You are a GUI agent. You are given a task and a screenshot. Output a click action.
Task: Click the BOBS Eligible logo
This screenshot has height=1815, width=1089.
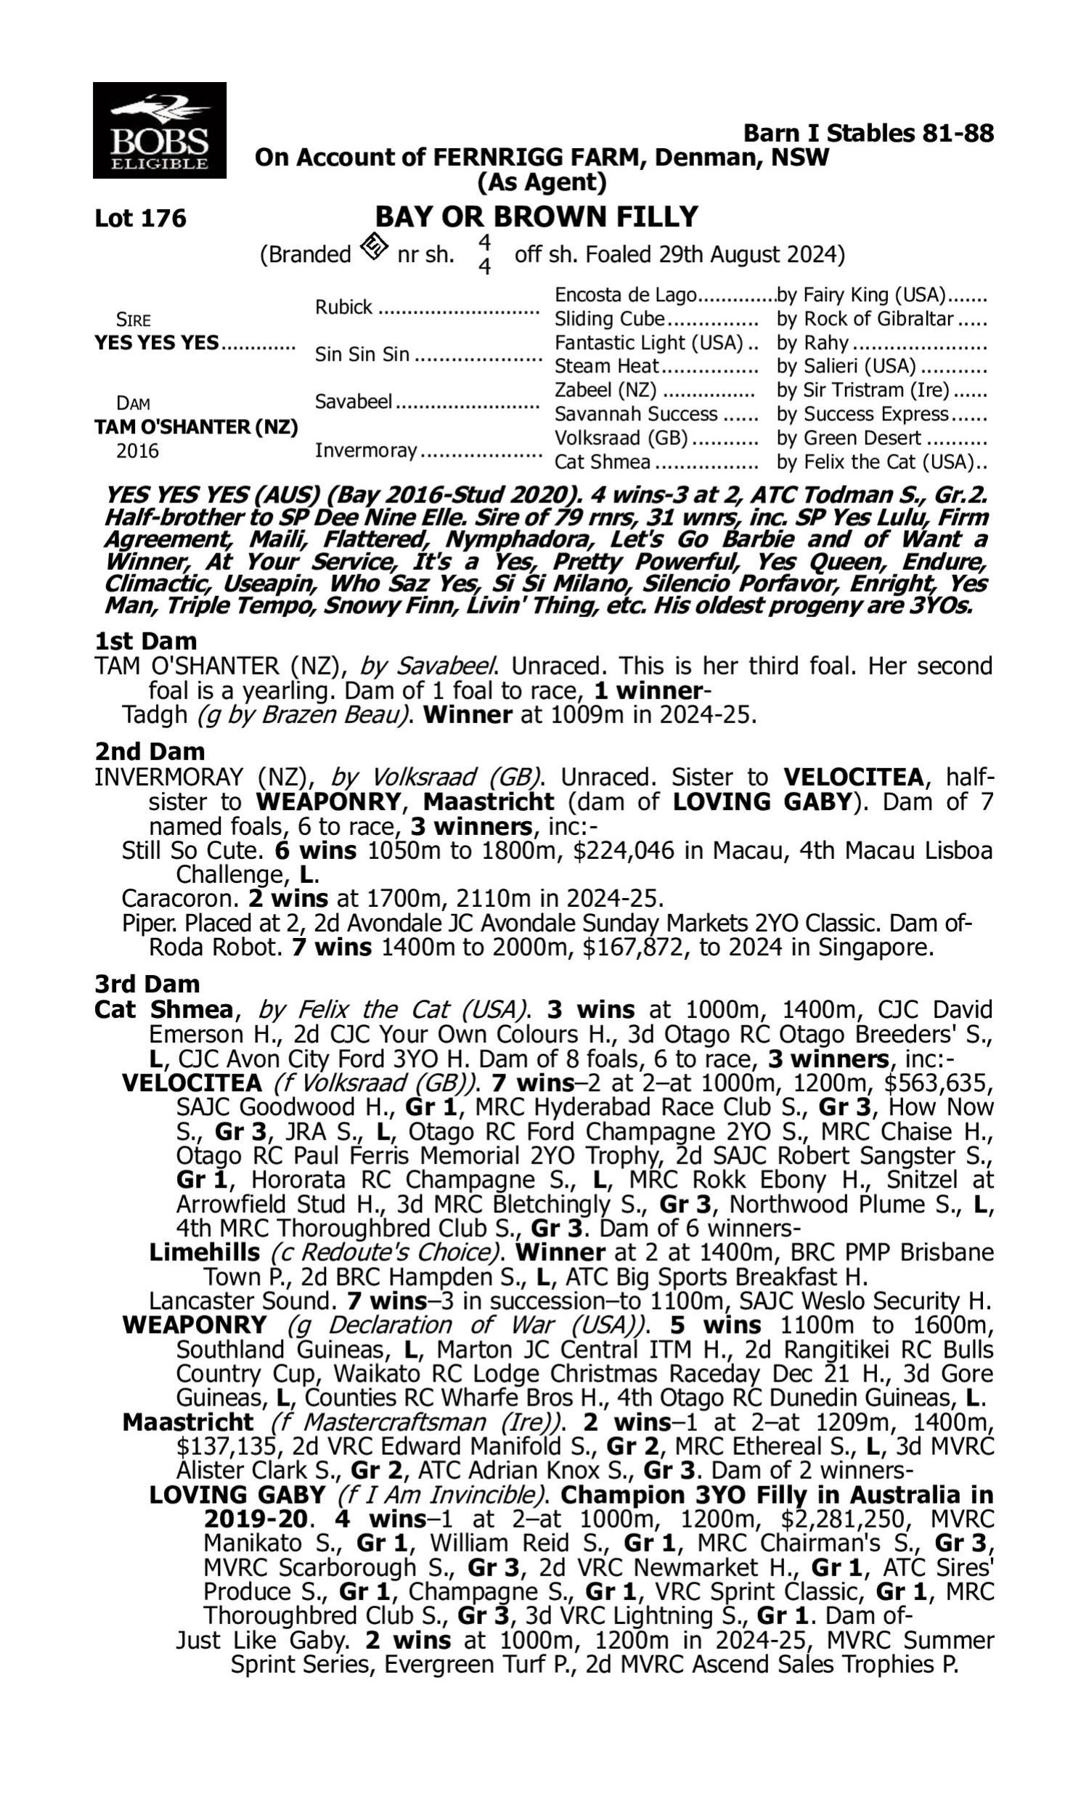pyautogui.click(x=159, y=131)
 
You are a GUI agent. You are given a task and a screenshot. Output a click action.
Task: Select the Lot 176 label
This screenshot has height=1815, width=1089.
pyautogui.click(x=140, y=219)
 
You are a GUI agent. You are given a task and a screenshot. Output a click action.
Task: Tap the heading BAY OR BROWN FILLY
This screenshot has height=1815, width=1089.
pyautogui.click(x=537, y=217)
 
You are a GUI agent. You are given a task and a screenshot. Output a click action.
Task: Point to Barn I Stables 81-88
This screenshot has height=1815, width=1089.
pyautogui.click(x=868, y=134)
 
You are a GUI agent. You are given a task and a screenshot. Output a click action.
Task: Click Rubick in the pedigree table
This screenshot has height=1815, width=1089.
pyautogui.click(x=343, y=307)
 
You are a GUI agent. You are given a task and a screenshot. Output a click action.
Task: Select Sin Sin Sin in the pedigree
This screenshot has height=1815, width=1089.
pyautogui.click(x=362, y=355)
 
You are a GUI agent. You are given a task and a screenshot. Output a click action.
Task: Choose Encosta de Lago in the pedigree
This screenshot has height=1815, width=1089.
pyautogui.click(x=624, y=295)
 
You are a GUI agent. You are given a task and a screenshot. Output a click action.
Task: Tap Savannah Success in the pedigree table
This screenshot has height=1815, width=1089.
pyautogui.click(x=635, y=415)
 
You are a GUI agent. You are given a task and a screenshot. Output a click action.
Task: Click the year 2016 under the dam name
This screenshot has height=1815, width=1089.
pyautogui.click(x=137, y=451)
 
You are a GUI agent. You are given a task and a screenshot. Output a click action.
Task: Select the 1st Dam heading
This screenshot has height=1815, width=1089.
pyautogui.click(x=145, y=641)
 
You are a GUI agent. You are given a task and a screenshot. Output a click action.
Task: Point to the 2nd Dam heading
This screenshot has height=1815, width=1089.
pyautogui.click(x=149, y=751)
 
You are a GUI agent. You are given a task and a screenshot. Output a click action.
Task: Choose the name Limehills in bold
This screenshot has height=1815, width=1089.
pyautogui.click(x=204, y=1252)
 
